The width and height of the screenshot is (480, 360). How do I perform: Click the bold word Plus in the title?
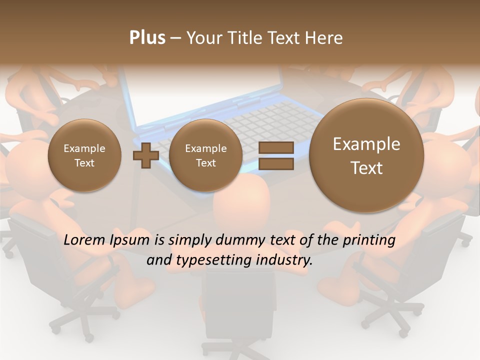147,38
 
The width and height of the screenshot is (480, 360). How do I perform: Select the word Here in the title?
324,38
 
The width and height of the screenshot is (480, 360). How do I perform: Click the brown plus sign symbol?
145,155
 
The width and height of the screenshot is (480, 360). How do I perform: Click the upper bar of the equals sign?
276,147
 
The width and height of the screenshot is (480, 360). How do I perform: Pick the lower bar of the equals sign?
276,164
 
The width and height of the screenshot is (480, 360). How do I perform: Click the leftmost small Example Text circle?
84,155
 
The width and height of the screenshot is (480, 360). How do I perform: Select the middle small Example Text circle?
205,155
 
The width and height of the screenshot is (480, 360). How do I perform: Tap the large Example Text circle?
366,155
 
